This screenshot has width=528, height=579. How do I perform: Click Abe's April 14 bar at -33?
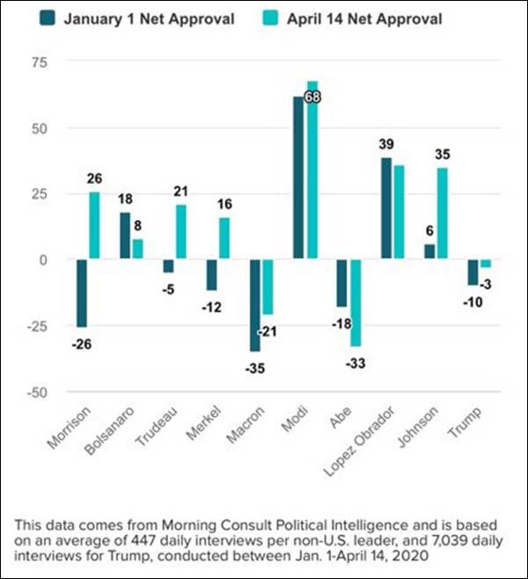pyautogui.click(x=356, y=303)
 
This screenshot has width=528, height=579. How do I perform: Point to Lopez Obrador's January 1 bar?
pyautogui.click(x=385, y=209)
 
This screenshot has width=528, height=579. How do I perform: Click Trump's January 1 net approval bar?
pyautogui.click(x=473, y=273)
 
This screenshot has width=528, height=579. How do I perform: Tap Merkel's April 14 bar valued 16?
pyautogui.click(x=224, y=238)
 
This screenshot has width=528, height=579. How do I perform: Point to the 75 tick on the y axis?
pyautogui.click(x=40, y=62)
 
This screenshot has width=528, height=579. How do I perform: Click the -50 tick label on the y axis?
pyautogui.click(x=37, y=392)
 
